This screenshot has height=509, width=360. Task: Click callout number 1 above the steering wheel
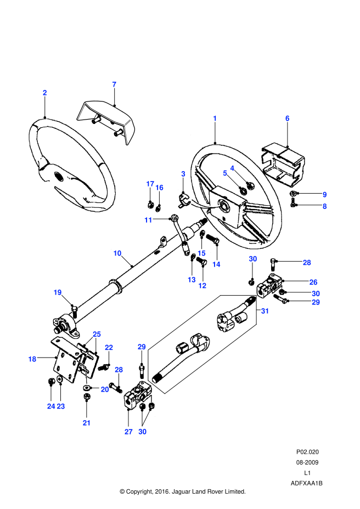pos(215,118)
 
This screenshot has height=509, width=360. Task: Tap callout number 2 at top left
pos(45,93)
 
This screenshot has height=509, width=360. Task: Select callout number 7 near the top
pos(114,84)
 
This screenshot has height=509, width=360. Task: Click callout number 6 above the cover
pos(287,118)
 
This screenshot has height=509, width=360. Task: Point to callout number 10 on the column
pos(117,253)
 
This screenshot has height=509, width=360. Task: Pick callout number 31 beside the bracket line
pos(265,311)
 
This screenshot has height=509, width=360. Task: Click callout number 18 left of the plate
pos(32,359)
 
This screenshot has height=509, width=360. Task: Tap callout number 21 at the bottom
pos(87,422)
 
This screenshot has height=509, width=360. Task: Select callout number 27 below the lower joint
pos(128,432)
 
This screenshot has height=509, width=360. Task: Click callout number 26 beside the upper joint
pos(313,282)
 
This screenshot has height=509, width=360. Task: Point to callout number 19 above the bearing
pos(58,292)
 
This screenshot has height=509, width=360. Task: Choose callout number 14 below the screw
pos(216,264)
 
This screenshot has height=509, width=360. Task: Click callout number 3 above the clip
pos(183,174)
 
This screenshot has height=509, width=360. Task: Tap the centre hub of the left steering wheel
pos(57,176)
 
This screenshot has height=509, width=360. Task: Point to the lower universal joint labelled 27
pos(137,395)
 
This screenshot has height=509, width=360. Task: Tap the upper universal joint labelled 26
pos(272,286)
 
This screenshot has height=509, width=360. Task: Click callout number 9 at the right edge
pos(324,195)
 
